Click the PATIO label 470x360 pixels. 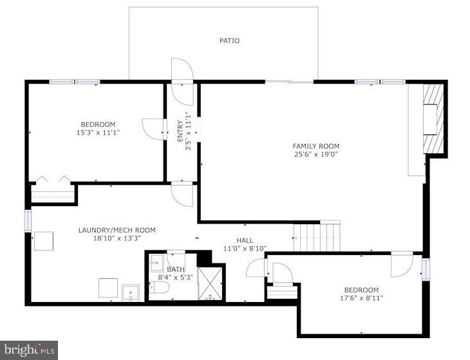pyautogui.click(x=229, y=41)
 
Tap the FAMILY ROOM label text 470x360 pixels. pyautogui.click(x=315, y=146)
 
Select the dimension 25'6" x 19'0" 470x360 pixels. pyautogui.click(x=315, y=155)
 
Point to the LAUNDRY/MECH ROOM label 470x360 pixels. pyautogui.click(x=117, y=230)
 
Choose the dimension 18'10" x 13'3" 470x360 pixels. pyautogui.click(x=117, y=238)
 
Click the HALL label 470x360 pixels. pyautogui.click(x=245, y=240)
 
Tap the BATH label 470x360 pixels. pyautogui.click(x=176, y=270)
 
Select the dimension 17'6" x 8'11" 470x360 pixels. pyautogui.click(x=361, y=298)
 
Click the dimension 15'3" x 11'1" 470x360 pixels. pyautogui.click(x=98, y=132)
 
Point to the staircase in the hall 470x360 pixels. pyautogui.click(x=317, y=236)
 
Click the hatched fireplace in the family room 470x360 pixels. pyautogui.click(x=434, y=119)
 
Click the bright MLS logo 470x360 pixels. pyautogui.click(x=29, y=350)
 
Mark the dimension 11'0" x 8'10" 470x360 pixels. pyautogui.click(x=245, y=248)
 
